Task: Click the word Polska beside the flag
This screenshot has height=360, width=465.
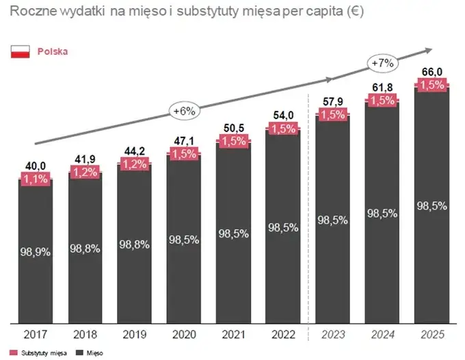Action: point(53,51)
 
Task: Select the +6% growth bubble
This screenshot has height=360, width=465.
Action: point(185,110)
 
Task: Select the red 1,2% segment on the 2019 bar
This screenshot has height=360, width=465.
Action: point(134,164)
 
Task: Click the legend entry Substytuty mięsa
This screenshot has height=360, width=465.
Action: point(36,352)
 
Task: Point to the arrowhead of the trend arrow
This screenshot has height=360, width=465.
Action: point(429,49)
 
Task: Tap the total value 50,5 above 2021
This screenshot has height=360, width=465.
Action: point(233,127)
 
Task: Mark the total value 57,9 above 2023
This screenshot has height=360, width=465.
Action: point(332,103)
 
